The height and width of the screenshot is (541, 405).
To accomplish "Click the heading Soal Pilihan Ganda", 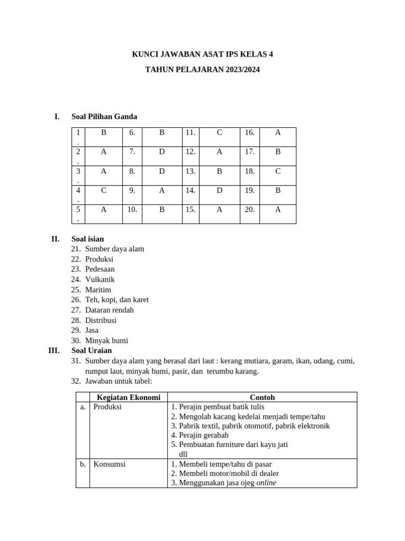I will [x=104, y=117].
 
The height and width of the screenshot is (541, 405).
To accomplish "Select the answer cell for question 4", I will [x=103, y=190].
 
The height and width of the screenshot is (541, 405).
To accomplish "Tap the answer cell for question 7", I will [x=162, y=152].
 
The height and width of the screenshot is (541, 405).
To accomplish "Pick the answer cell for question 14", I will [x=219, y=190].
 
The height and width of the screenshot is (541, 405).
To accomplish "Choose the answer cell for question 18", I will [x=278, y=171].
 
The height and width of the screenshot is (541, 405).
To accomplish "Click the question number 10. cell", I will [x=132, y=209].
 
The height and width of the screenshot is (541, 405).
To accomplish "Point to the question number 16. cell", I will [x=250, y=133].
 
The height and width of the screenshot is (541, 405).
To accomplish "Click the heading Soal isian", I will [x=88, y=239].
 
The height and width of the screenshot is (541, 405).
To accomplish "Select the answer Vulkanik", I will [x=100, y=279].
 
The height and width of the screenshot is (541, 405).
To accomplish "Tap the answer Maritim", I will [x=98, y=290].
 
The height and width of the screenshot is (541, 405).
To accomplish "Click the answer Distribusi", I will [x=101, y=320].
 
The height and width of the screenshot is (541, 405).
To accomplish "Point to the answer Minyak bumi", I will [x=107, y=341].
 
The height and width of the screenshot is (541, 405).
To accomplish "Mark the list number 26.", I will [x=76, y=300].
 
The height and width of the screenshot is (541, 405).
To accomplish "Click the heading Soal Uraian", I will [x=92, y=350].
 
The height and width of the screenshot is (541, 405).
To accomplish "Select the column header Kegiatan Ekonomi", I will [x=129, y=397].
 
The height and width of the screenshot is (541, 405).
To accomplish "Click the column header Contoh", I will [x=262, y=397].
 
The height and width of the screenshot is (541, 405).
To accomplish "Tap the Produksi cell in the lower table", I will [x=108, y=407].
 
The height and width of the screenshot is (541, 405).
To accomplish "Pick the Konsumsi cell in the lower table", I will [x=110, y=464].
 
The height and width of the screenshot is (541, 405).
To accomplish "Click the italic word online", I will [x=266, y=482].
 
